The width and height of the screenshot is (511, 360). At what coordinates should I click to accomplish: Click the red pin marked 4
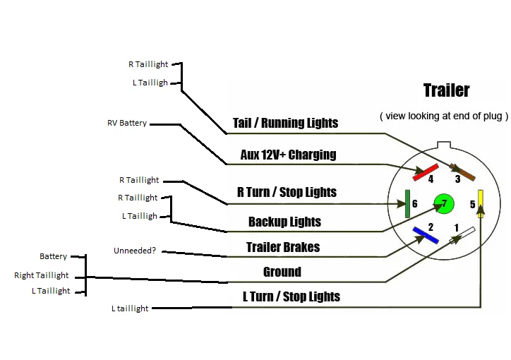(426, 172)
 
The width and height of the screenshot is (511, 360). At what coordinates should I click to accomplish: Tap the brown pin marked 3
(462, 172)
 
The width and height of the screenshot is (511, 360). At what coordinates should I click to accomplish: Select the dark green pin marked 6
(407, 204)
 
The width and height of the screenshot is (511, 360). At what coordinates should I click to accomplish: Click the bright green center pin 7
(444, 203)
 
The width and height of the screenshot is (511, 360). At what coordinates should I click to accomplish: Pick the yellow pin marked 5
(481, 203)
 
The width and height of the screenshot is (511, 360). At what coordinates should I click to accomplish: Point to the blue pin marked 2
(426, 235)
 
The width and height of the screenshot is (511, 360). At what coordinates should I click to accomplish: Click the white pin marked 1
(462, 236)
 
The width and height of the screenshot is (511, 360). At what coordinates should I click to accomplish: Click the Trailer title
(447, 90)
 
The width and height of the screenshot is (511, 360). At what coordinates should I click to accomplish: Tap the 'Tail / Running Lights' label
(285, 123)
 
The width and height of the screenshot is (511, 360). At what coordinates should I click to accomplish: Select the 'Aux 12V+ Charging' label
(289, 155)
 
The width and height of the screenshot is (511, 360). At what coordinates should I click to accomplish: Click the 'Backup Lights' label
(284, 222)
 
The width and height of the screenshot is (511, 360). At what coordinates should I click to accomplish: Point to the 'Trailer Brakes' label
(283, 247)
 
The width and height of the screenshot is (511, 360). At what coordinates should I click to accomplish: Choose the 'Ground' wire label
(282, 272)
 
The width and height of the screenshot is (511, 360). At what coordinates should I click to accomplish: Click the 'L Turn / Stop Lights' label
(291, 296)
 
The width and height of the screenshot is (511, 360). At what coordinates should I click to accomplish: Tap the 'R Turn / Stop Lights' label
(287, 192)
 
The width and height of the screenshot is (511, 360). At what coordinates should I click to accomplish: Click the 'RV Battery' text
(127, 123)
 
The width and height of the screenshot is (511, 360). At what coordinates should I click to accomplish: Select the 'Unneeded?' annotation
(135, 251)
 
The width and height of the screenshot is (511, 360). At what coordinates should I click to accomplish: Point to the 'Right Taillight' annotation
(42, 275)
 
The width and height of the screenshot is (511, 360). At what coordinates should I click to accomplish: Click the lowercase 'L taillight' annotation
(130, 308)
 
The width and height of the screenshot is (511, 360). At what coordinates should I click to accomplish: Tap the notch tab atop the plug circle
(444, 145)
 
